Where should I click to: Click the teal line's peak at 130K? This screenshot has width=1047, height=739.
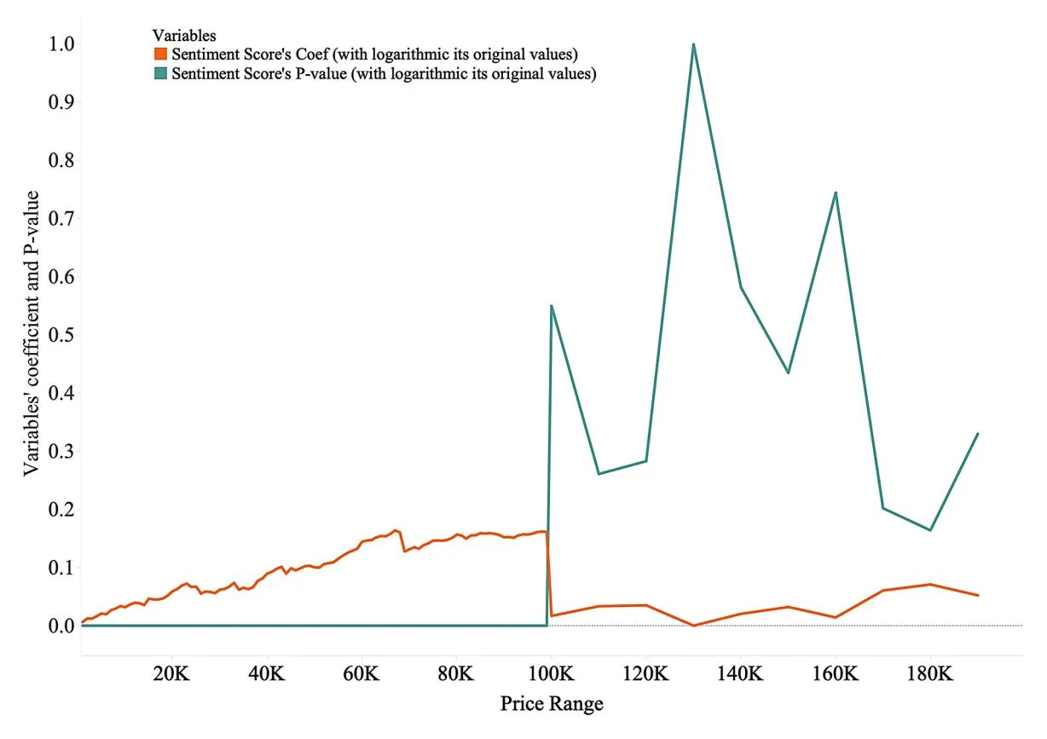693,44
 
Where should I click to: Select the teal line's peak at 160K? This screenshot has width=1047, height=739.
836,193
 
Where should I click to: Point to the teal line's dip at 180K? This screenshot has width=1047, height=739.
930,530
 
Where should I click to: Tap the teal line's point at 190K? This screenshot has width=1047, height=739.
977,434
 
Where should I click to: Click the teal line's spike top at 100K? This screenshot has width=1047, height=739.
552,306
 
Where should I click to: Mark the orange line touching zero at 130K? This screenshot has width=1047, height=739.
693,625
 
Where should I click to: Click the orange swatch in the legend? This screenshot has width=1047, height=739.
160,55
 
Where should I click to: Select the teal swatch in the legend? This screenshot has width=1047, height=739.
160,73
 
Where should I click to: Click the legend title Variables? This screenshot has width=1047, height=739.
183,36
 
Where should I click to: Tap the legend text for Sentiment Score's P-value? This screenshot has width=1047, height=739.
383,73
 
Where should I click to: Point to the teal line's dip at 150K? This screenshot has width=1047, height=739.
788,372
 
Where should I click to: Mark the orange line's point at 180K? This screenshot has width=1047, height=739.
930,584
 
